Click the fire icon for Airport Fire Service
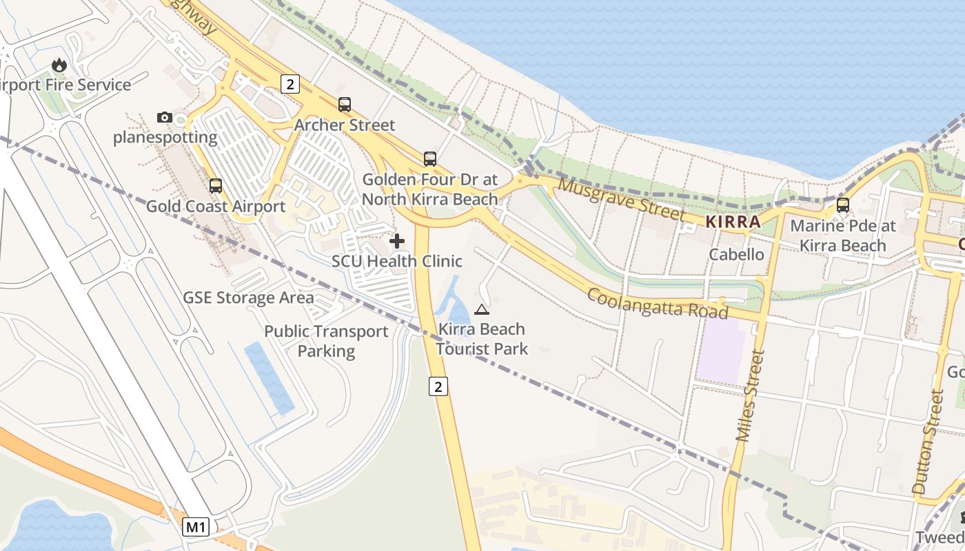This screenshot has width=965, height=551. click(59, 65)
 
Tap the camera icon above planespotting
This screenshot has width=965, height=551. click(164, 117)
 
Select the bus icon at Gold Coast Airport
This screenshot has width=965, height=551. click(216, 185)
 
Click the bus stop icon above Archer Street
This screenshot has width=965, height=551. click(345, 105)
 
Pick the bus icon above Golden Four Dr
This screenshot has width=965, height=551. click(430, 159)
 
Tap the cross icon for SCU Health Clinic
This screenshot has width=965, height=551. click(397, 241)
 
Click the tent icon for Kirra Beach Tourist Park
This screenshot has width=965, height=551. click(481, 309)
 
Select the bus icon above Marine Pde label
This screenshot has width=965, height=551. click(842, 205)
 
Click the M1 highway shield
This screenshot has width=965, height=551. click(196, 528)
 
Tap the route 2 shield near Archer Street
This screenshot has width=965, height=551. click(290, 84)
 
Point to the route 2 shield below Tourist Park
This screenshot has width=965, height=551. click(438, 386)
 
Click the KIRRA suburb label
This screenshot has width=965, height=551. click(733, 222)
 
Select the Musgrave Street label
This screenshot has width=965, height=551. click(622, 199)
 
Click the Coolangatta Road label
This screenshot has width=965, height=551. click(657, 303)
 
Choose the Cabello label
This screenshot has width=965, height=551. click(737, 254)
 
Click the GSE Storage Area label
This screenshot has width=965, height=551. click(248, 298)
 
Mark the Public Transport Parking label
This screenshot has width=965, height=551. click(326, 341)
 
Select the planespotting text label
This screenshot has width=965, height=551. click(165, 137)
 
